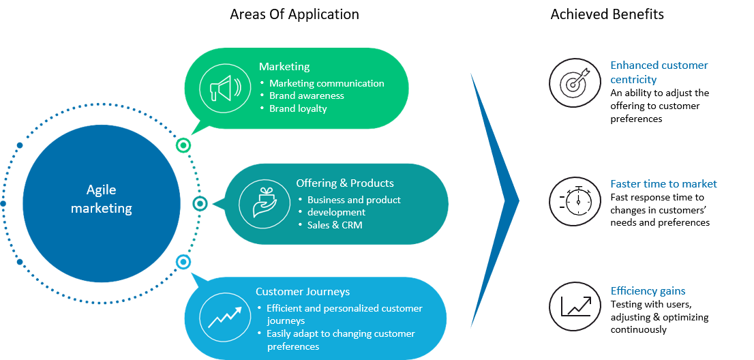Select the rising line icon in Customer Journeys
point(225,318)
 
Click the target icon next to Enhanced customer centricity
point(575,82)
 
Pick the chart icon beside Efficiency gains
point(575,306)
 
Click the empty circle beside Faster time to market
point(575,201)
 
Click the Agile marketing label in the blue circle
point(101,200)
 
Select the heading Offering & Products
point(345,183)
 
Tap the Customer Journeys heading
point(303,292)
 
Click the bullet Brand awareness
point(307,96)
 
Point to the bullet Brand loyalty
point(298,108)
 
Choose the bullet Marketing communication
point(327,83)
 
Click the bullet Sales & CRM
point(334,224)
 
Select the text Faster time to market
point(663,184)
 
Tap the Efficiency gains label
point(648,291)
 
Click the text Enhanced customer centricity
point(659,72)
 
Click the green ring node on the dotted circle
point(183,145)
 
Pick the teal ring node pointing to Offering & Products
point(200,203)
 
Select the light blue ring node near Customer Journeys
point(183,262)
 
